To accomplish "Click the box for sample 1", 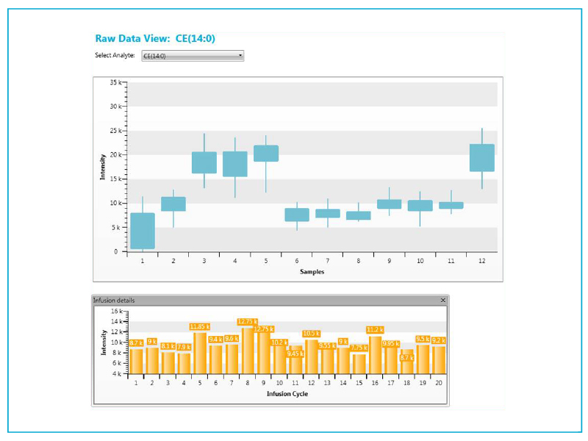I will pyautogui.click(x=143, y=231).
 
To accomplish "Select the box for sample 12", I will pyautogui.click(x=482, y=157).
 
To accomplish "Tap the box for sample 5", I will pyautogui.click(x=266, y=153).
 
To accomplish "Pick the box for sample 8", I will pyautogui.click(x=359, y=215).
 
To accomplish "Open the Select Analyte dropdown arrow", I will pyautogui.click(x=240, y=55).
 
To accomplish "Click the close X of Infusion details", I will pyautogui.click(x=442, y=300).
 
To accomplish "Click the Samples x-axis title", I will pyautogui.click(x=312, y=271).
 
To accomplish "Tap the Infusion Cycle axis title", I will pyautogui.click(x=287, y=393).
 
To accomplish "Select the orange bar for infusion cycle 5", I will pyautogui.click(x=200, y=354).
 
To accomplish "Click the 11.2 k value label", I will pyautogui.click(x=376, y=330).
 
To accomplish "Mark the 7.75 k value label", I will pyautogui.click(x=359, y=348).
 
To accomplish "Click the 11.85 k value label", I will pyautogui.click(x=200, y=326).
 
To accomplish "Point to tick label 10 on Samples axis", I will pyautogui.click(x=420, y=260).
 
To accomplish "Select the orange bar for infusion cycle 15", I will pyautogui.click(x=359, y=364).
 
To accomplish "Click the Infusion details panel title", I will pyautogui.click(x=114, y=300).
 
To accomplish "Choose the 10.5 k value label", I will pyautogui.click(x=312, y=333).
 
